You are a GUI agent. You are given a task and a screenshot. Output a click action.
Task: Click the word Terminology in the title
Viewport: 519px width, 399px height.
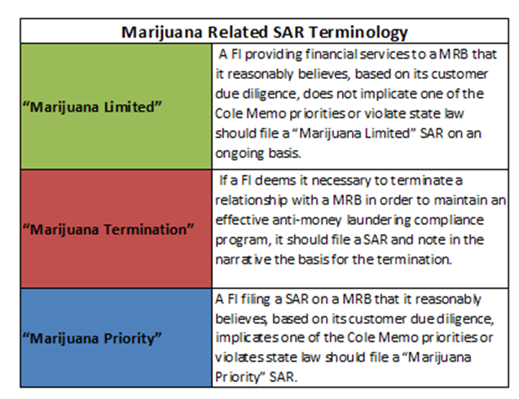[358, 33]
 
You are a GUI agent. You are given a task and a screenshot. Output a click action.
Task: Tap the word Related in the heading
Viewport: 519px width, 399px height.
[237, 32]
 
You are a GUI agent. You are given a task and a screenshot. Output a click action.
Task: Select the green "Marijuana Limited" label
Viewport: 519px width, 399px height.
[92, 107]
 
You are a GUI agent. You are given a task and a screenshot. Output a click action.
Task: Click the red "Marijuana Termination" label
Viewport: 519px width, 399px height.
[108, 230]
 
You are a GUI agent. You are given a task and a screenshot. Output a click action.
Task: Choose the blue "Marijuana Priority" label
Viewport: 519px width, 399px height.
[92, 338]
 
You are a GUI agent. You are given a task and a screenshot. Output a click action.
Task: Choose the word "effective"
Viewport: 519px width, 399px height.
[242, 220]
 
